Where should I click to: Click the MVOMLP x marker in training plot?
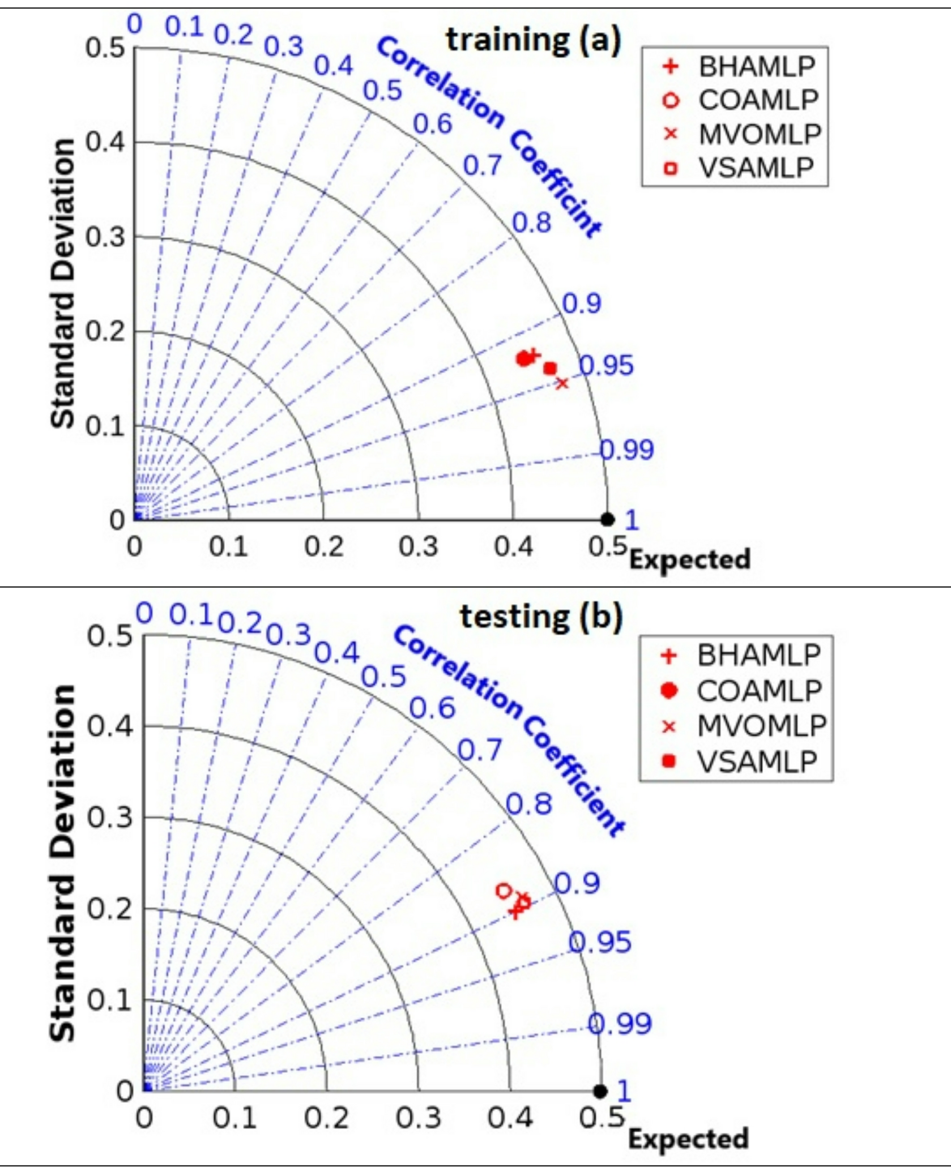tap(561, 383)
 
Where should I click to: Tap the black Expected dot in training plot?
tap(607, 519)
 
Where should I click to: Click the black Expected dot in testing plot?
tap(600, 1091)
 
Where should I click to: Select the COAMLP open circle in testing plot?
tap(503, 891)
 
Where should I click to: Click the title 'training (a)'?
tap(533, 40)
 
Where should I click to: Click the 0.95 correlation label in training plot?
tap(606, 366)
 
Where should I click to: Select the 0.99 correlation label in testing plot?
tap(619, 1024)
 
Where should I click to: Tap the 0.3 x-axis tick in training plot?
tap(418, 547)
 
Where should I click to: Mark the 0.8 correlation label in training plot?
tap(531, 223)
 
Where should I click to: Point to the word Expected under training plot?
tap(690, 559)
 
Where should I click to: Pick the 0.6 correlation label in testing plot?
tap(432, 708)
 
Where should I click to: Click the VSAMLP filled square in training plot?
tap(550, 369)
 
